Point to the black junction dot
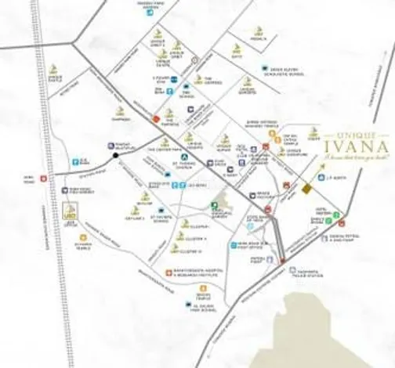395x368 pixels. [115, 155]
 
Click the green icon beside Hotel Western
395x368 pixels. [337, 214]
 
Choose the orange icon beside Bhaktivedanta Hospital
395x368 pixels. [169, 273]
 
